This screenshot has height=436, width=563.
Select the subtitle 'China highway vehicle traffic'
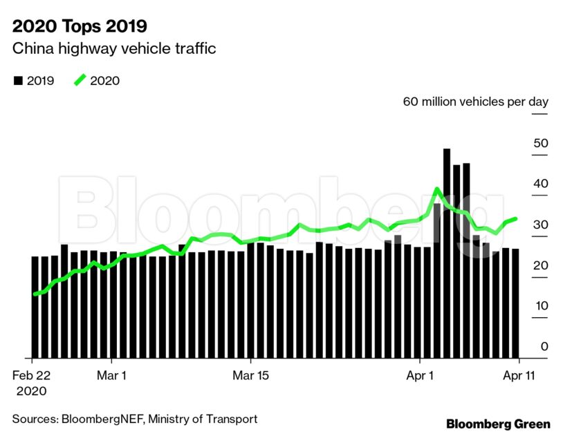point(115,49)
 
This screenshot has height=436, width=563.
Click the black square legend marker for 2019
point(18,81)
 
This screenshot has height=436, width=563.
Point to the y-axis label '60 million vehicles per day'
point(475,102)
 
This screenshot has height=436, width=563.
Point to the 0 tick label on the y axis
point(544,346)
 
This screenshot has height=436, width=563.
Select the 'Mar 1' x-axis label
point(111,376)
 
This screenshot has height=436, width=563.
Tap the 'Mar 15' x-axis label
point(250,376)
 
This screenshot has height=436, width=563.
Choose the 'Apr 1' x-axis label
point(420,376)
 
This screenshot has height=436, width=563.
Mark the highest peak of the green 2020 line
point(437,189)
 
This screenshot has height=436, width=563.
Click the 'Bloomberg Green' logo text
point(498,424)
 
